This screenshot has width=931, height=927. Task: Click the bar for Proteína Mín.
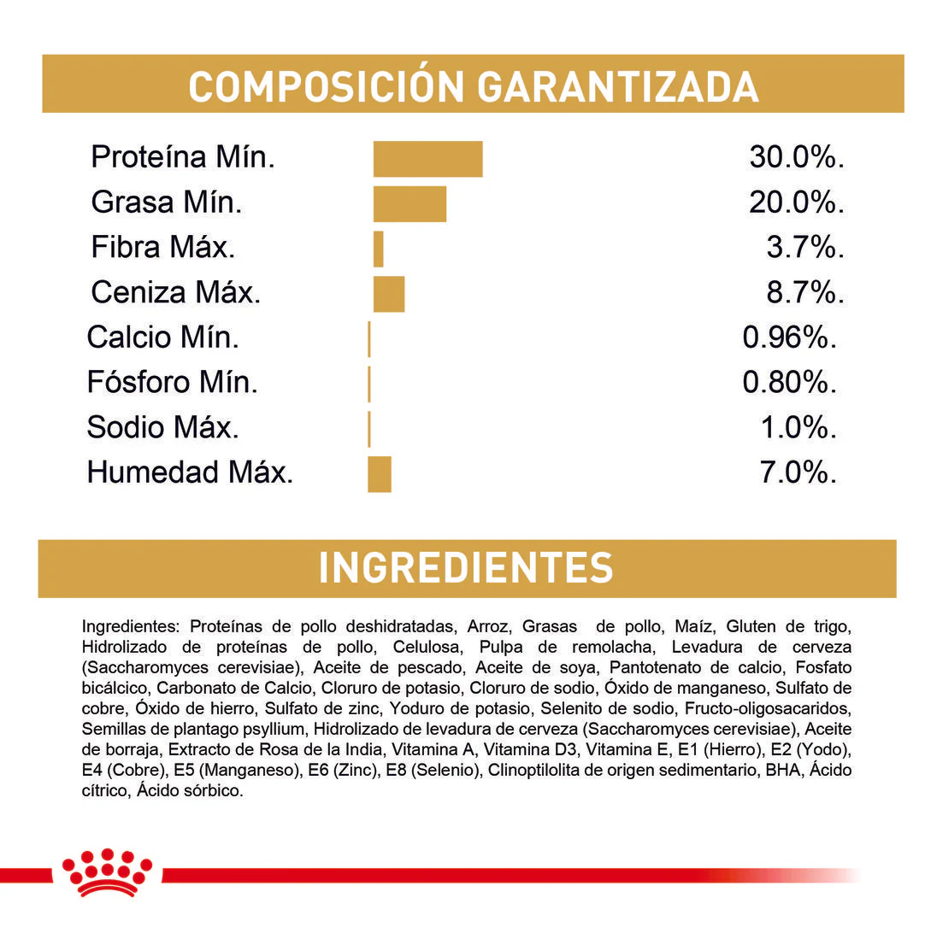click(x=427, y=159)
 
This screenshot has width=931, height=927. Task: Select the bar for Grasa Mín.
click(x=410, y=203)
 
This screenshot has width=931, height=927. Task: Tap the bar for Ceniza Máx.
click(x=389, y=294)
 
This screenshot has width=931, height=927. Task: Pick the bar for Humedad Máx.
click(x=380, y=474)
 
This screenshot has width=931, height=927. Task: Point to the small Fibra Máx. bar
click(x=379, y=249)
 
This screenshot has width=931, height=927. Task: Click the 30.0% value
click(x=796, y=158)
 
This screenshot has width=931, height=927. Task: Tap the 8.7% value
click(x=804, y=293)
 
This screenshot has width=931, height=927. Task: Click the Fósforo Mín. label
click(x=172, y=383)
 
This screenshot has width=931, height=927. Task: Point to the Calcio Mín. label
click(x=162, y=338)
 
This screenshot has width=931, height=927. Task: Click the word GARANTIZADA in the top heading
click(x=617, y=86)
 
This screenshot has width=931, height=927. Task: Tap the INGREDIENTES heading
click(x=466, y=568)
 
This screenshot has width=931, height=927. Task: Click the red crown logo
click(x=107, y=871)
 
